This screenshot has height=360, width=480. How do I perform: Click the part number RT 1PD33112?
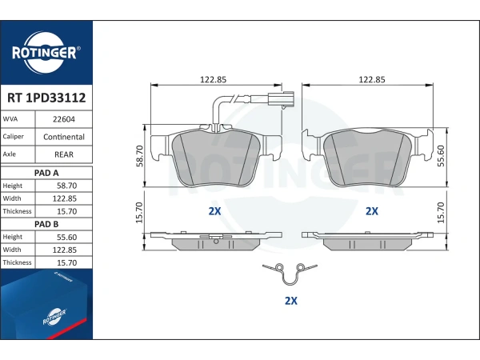click(x=46, y=98)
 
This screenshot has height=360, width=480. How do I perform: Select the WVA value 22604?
click(x=64, y=119)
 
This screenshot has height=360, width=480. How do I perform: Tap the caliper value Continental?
click(x=64, y=137)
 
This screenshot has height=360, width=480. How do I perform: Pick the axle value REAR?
click(x=64, y=154)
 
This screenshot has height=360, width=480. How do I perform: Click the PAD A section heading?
click(x=46, y=173)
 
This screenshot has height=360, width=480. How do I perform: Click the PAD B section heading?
click(x=46, y=224)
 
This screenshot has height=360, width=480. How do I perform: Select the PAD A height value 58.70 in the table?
click(x=66, y=186)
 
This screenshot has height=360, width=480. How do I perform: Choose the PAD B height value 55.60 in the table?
click(x=66, y=238)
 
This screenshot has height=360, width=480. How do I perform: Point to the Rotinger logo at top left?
click(x=46, y=53)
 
